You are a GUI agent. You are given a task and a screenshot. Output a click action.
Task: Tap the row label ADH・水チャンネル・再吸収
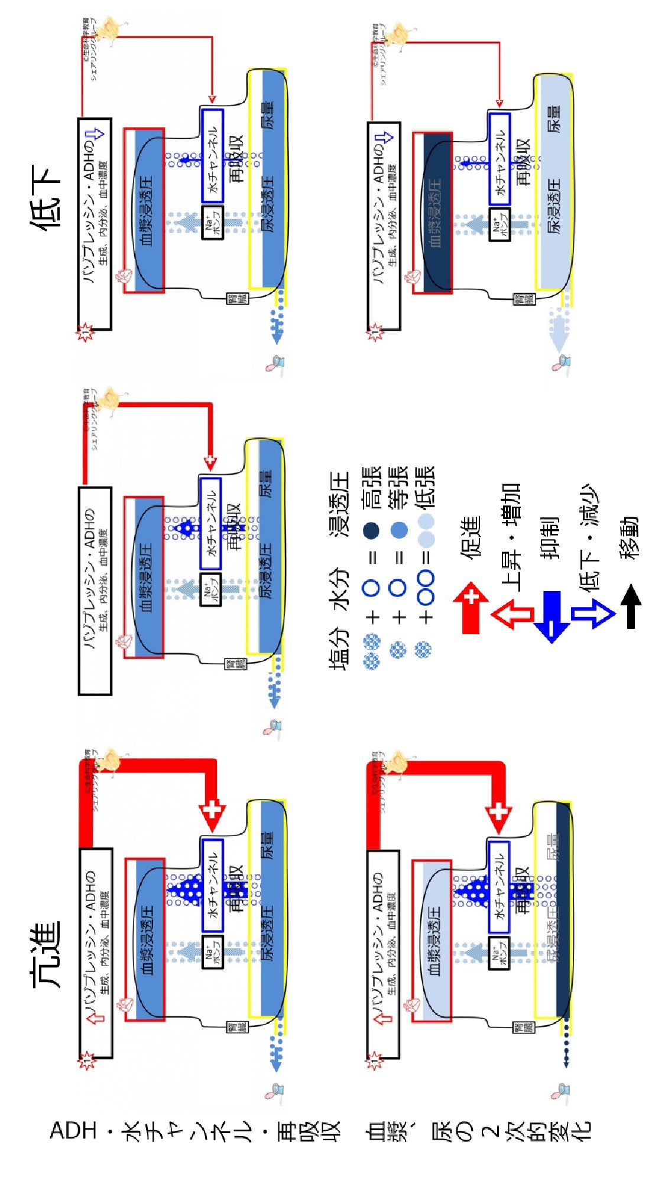pos(195,1131)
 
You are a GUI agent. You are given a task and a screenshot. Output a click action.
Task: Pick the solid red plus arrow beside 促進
pos(471,608)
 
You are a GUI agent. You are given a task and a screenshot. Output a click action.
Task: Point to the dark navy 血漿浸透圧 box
pos(437,213)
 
